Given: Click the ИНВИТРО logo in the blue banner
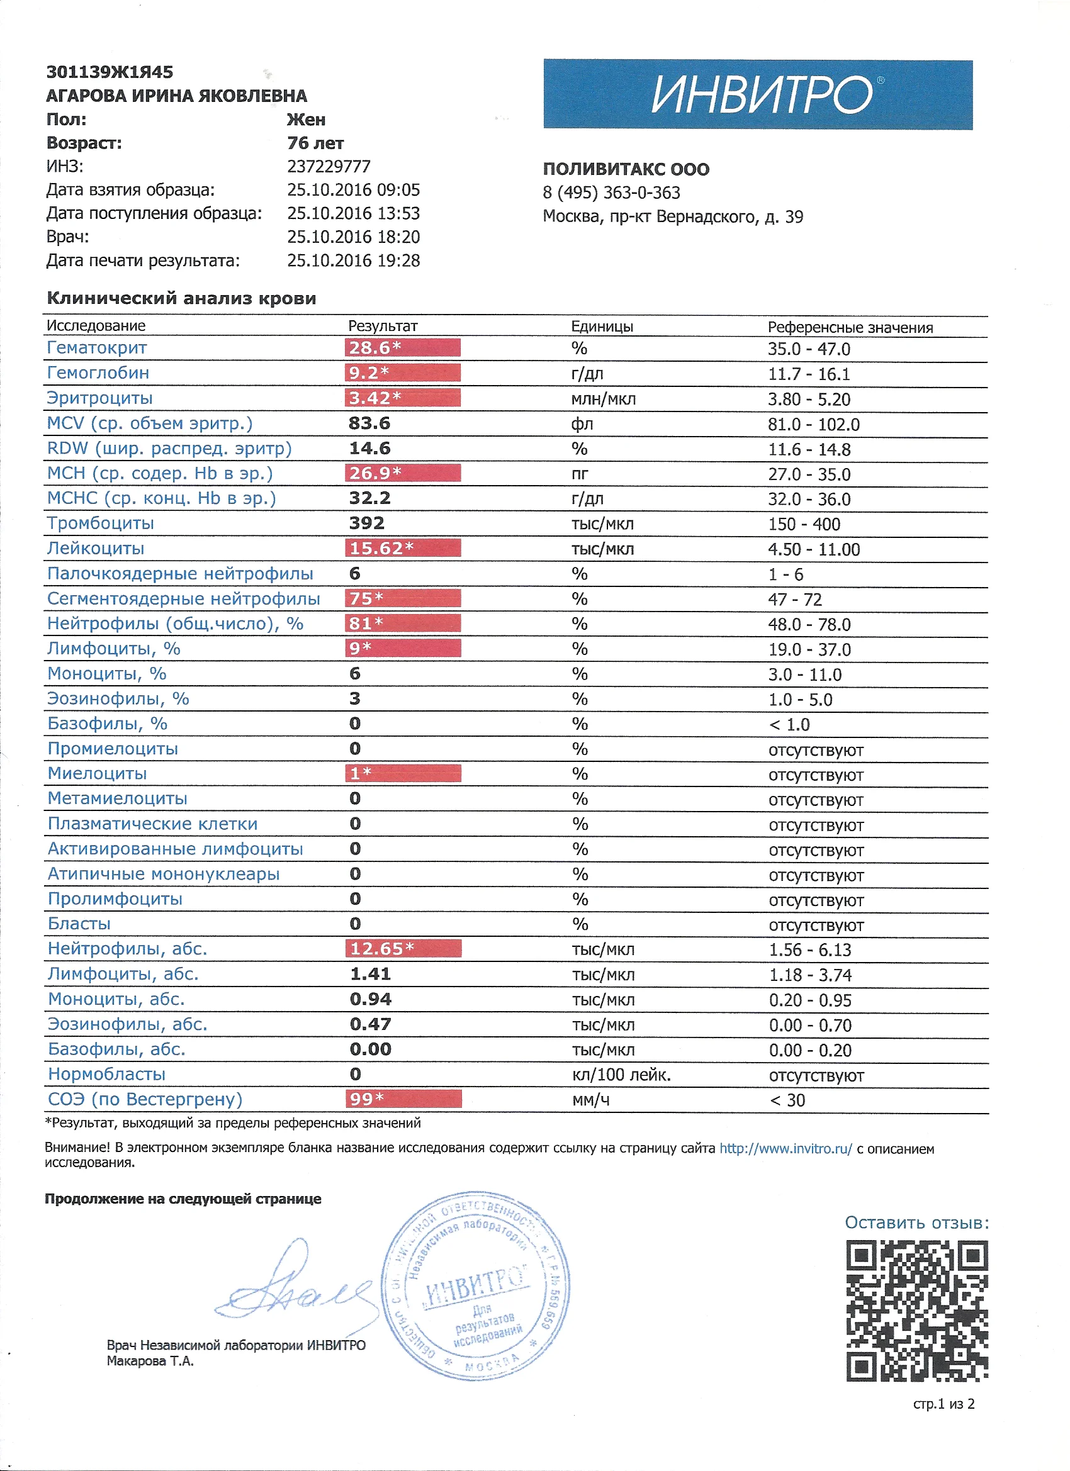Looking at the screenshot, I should [762, 95].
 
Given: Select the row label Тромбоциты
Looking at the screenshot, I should [101, 523].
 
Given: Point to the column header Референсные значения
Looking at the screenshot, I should [850, 328].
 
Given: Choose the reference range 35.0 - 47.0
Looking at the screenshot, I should [809, 349].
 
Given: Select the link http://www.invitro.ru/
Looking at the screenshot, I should [785, 1149].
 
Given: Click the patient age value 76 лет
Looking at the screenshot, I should [315, 143].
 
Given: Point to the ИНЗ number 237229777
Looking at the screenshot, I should [329, 167].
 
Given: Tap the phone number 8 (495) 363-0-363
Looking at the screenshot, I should [611, 193].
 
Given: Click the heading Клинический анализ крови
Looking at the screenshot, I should [182, 298].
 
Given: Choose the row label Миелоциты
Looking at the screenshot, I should [98, 774].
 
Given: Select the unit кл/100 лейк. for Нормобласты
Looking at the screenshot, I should [621, 1075].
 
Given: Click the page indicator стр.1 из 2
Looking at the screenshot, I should [943, 1404].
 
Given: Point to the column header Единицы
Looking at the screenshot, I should [602, 327].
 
